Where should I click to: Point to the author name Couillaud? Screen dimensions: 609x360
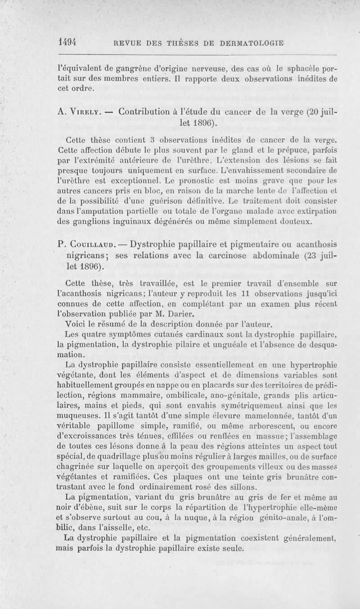(x=92, y=245)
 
